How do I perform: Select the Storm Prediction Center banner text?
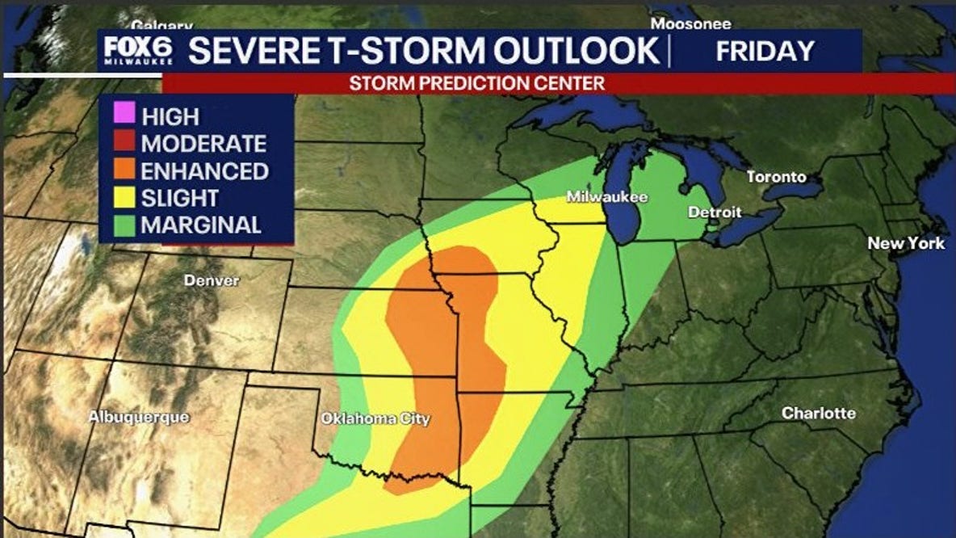pos(476,83)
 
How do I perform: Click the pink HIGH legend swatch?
pos(124,115)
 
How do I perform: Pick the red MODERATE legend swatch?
pos(124,143)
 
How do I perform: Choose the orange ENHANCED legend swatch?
pos(124,170)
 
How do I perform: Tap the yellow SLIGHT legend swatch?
pos(124,198)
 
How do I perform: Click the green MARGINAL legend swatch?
pos(124,225)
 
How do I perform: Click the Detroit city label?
pos(714,212)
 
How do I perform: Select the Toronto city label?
pos(776,177)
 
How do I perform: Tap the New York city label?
pos(906,243)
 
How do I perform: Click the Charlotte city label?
pos(818,413)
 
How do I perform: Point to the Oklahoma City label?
pos(375,419)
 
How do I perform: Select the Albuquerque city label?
pos(139,418)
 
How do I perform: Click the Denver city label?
pos(212,281)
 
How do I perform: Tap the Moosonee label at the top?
pos(690,24)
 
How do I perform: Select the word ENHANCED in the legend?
pos(204,171)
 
